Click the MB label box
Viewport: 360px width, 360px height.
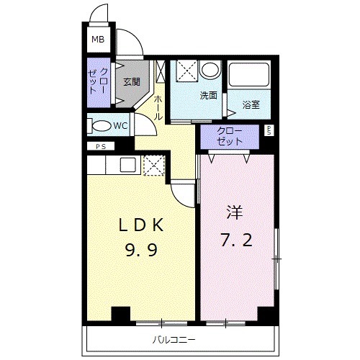click(97, 41)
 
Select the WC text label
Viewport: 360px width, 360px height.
click(121, 125)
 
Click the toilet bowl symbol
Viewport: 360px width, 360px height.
click(101, 126)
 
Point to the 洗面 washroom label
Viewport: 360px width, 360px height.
click(209, 95)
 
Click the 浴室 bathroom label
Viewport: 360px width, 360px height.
click(251, 104)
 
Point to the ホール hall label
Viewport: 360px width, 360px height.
click(158, 105)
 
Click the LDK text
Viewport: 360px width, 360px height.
click(142, 225)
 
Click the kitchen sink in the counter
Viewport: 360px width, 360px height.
click(127, 165)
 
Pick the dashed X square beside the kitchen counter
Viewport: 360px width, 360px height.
click(153, 165)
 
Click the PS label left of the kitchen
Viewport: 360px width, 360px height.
click(100, 147)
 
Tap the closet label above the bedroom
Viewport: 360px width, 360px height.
click(230, 137)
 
